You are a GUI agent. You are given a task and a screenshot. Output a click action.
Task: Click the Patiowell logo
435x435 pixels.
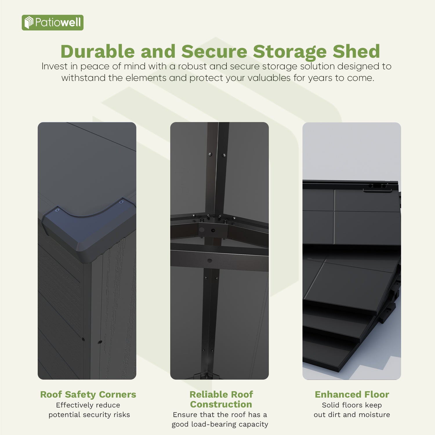52,23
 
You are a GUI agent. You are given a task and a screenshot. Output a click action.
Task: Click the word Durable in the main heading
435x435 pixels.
97,52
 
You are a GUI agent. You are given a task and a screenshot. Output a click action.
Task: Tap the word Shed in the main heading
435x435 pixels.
356,52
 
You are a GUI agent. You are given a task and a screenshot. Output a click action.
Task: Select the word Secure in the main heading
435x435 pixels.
214,52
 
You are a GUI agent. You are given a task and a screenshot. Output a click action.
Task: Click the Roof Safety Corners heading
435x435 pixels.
88,394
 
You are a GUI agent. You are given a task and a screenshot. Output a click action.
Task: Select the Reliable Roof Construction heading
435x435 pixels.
221,399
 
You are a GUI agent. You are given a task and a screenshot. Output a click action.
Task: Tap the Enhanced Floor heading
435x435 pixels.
352,394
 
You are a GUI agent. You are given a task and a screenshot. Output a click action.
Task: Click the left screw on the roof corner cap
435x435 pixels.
57,210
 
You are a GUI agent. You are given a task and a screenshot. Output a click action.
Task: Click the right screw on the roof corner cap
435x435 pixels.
121,202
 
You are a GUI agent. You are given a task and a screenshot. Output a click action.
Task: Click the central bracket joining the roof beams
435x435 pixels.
213,230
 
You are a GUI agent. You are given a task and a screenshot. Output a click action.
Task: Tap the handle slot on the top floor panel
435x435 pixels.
377,186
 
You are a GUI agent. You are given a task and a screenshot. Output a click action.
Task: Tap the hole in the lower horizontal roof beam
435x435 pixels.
210,260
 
